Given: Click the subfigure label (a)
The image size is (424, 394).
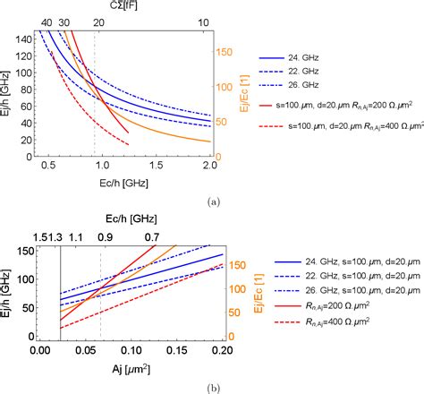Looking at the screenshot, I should (x=213, y=202).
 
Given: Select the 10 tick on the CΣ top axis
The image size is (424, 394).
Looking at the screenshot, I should (x=204, y=20).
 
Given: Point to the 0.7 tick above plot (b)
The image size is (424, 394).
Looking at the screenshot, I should (x=154, y=236).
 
